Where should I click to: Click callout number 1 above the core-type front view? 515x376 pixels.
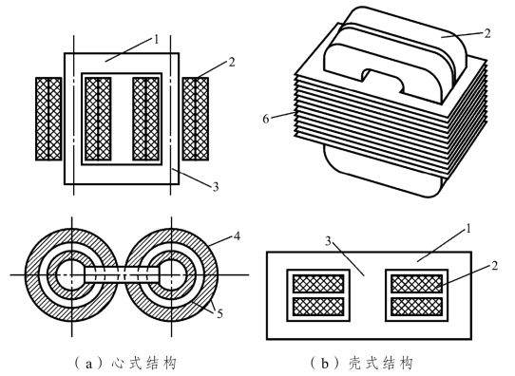(156, 40)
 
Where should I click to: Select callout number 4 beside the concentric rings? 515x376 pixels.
(237, 235)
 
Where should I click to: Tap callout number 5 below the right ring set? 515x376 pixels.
(219, 314)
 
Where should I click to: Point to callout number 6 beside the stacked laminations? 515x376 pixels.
(266, 119)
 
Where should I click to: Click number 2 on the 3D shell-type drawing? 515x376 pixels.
(487, 33)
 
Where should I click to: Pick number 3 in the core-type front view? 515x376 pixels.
(215, 187)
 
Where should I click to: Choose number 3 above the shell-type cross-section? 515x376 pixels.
(328, 241)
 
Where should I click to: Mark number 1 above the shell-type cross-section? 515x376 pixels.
(468, 229)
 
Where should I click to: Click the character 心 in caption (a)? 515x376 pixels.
(117, 364)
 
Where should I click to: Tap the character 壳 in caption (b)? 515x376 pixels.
(353, 364)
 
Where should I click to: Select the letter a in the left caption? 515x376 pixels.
(88, 365)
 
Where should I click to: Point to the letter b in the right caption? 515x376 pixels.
(325, 364)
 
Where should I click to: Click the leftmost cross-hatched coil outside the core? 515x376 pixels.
(48, 119)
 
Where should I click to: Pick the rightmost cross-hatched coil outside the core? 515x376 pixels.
(195, 119)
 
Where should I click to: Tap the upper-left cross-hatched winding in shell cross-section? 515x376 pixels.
(318, 284)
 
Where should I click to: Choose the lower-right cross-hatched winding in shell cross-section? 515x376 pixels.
(417, 307)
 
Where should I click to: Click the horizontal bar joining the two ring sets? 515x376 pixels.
(123, 274)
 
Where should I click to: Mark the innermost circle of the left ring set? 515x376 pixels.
(70, 274)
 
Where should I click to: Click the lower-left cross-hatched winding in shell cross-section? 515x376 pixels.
(318, 307)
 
